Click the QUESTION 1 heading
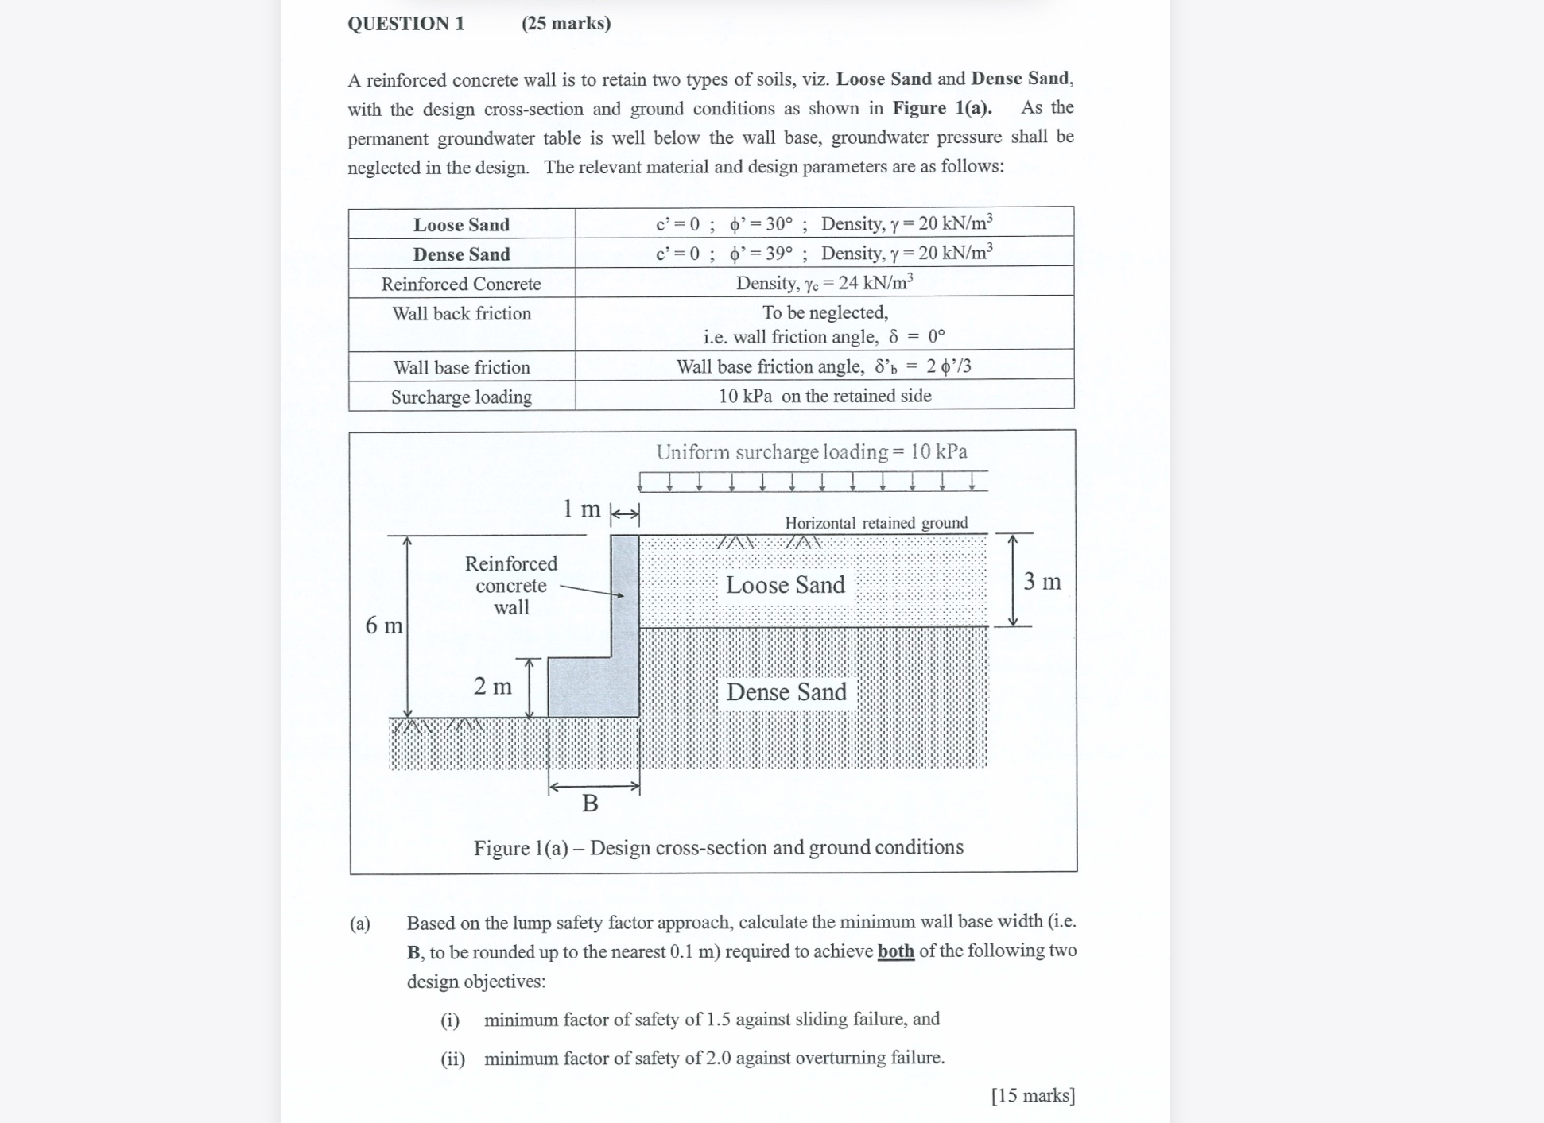pos(405,23)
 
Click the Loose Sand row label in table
pos(461,225)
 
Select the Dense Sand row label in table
pos(461,254)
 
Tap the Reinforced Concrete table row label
pos(461,284)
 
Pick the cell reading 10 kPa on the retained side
pos(824,396)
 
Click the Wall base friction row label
pos(461,367)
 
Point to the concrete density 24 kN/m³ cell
pos(824,283)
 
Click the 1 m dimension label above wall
pos(581,509)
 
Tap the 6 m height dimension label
pos(383,625)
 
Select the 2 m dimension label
pos(492,686)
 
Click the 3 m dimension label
pos(1042,582)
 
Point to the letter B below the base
pos(590,804)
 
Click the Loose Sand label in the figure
pos(785,585)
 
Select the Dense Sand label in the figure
pos(786,692)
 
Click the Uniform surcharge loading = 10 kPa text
pos(811,451)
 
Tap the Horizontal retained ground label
pos(876,523)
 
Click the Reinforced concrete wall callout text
pos(510,586)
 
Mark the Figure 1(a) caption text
pos(718,847)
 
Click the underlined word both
pos(895,951)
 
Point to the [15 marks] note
pos(1032,1095)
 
